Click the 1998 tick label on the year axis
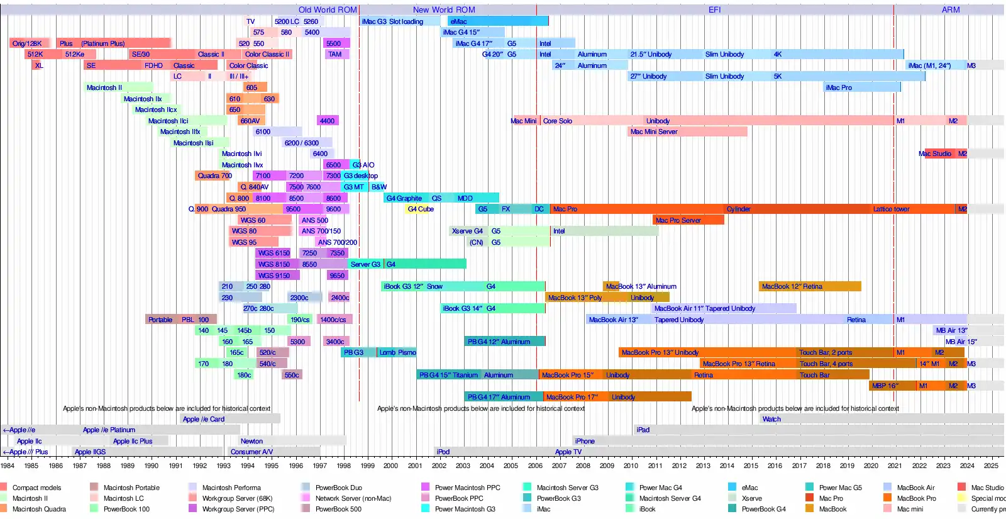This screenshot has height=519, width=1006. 343,466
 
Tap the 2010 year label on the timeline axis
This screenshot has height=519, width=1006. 631,466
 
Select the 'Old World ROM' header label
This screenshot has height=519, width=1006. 328,9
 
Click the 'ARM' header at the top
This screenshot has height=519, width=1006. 951,9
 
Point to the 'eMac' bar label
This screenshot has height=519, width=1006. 458,21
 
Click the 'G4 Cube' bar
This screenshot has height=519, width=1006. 421,209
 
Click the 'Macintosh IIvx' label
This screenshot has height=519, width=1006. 242,165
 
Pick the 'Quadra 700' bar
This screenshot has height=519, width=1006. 214,176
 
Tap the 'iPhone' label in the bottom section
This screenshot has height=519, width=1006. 585,441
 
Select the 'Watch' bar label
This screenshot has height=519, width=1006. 771,419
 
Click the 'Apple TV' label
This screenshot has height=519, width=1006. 568,452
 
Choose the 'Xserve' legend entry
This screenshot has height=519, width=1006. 751,498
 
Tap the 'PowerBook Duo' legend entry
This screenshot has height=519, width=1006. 338,488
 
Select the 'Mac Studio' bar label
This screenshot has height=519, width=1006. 935,153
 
